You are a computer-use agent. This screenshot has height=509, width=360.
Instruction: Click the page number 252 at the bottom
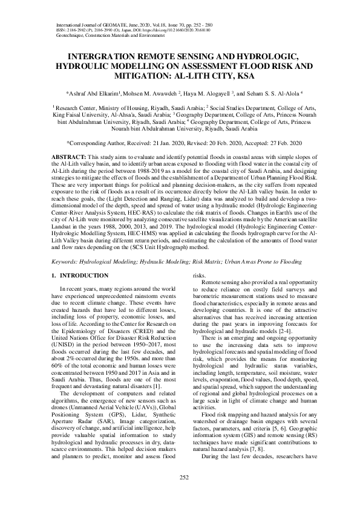point(180,477)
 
